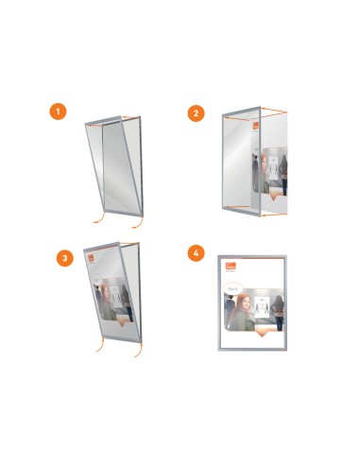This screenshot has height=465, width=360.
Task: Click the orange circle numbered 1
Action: click(59, 112)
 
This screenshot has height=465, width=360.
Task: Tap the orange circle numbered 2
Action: click(196, 112)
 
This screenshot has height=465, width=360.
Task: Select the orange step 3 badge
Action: click(63, 257)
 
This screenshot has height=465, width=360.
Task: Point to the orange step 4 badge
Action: click(196, 252)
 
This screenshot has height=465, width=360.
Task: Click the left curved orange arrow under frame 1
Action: click(95, 225)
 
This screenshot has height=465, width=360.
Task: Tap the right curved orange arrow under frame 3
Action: click(139, 353)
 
